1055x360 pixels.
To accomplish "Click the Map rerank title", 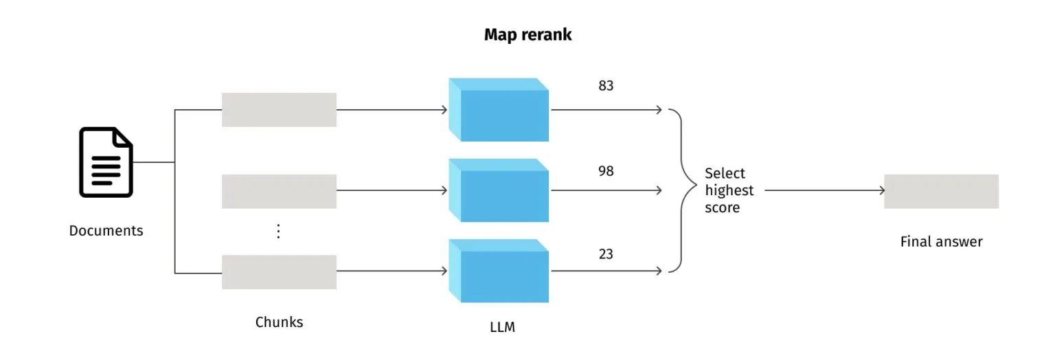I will coord(527,35).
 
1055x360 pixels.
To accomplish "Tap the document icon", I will coord(106,162).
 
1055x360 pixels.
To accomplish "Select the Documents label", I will coord(106,231).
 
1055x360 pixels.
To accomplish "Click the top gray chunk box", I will coord(279,110).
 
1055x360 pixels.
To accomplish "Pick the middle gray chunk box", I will coord(279,191).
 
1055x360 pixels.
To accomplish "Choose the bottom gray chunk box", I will coord(279,272).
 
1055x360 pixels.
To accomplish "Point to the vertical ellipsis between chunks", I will coord(278,232).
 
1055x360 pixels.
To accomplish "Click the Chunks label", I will coord(279,322).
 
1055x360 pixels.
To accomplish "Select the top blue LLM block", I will coord(499,110).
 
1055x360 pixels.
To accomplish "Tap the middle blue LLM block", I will coord(499,190).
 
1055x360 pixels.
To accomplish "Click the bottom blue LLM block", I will coord(499,271).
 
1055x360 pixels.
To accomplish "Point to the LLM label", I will coord(498,328).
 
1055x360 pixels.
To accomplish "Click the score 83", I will coord(605,87).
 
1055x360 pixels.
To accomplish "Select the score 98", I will coord(605,171).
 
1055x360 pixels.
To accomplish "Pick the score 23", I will coord(605,254).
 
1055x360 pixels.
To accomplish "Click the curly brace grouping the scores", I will coord(681,190).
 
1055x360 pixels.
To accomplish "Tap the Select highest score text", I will coord(729,190).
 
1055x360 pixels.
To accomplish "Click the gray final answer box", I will coord(941,191).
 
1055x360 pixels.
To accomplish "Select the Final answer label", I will coord(941,242).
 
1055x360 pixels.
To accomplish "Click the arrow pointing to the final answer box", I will coord(824,191).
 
